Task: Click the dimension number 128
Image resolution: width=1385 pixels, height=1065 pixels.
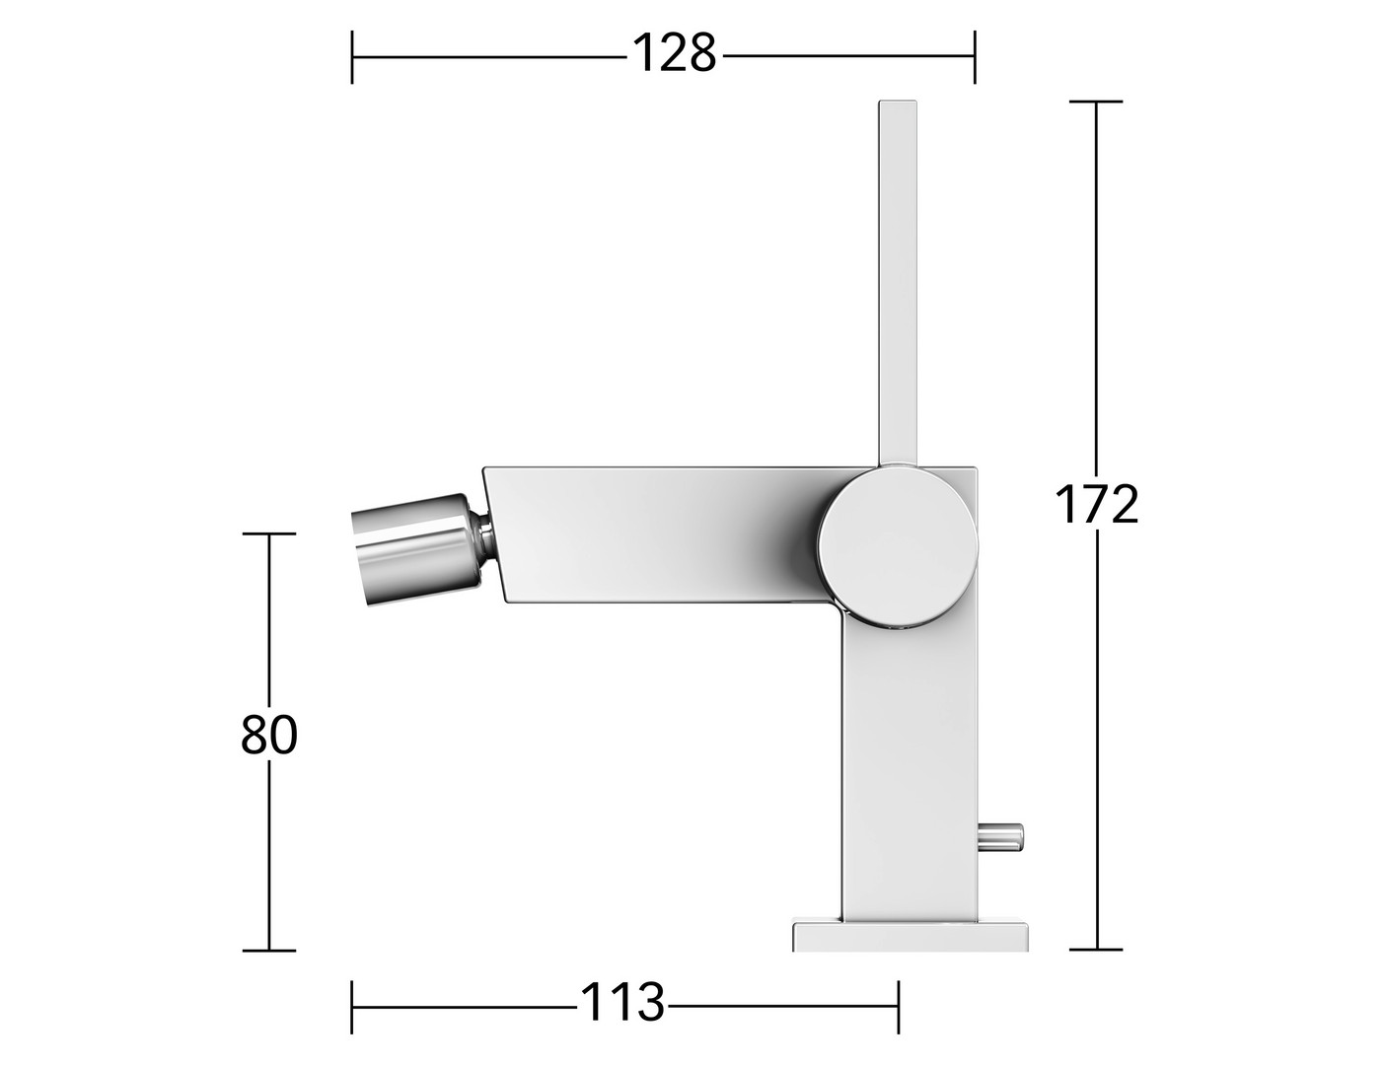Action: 675,53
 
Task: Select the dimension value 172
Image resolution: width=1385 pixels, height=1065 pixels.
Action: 1096,505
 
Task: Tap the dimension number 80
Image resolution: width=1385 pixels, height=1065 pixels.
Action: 269,735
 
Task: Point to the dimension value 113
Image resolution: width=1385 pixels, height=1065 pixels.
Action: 622,1003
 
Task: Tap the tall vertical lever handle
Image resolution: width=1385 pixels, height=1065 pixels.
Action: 898,283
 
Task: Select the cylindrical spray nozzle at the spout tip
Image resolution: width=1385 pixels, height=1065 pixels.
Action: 416,549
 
